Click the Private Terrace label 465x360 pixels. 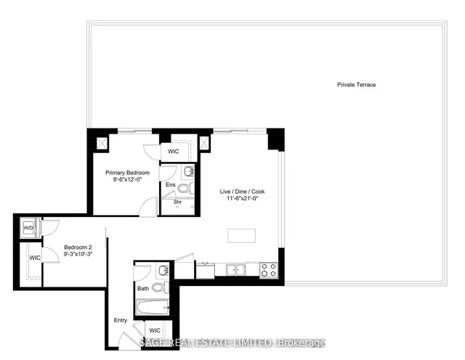(x=356, y=85)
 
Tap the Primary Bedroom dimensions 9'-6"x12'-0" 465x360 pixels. (x=128, y=179)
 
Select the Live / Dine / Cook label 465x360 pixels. (x=242, y=192)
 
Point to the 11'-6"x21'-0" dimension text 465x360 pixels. (x=243, y=198)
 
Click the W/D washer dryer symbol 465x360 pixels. (x=30, y=228)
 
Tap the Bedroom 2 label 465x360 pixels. (x=78, y=247)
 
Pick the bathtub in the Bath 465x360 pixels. (x=153, y=307)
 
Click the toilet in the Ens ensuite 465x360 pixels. (x=186, y=188)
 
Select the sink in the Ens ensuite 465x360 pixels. (x=189, y=171)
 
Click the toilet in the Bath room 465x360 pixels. (x=160, y=287)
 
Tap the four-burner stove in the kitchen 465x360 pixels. (x=269, y=270)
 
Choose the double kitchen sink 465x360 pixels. (x=235, y=270)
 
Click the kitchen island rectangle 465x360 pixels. (x=242, y=236)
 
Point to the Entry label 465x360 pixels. (x=121, y=320)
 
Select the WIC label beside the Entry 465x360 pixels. (x=155, y=330)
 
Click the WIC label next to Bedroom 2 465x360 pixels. (x=35, y=258)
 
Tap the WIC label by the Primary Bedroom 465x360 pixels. (x=174, y=152)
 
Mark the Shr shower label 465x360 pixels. (x=177, y=202)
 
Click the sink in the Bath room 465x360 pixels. (x=163, y=270)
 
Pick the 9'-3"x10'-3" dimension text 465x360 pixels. (x=78, y=254)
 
